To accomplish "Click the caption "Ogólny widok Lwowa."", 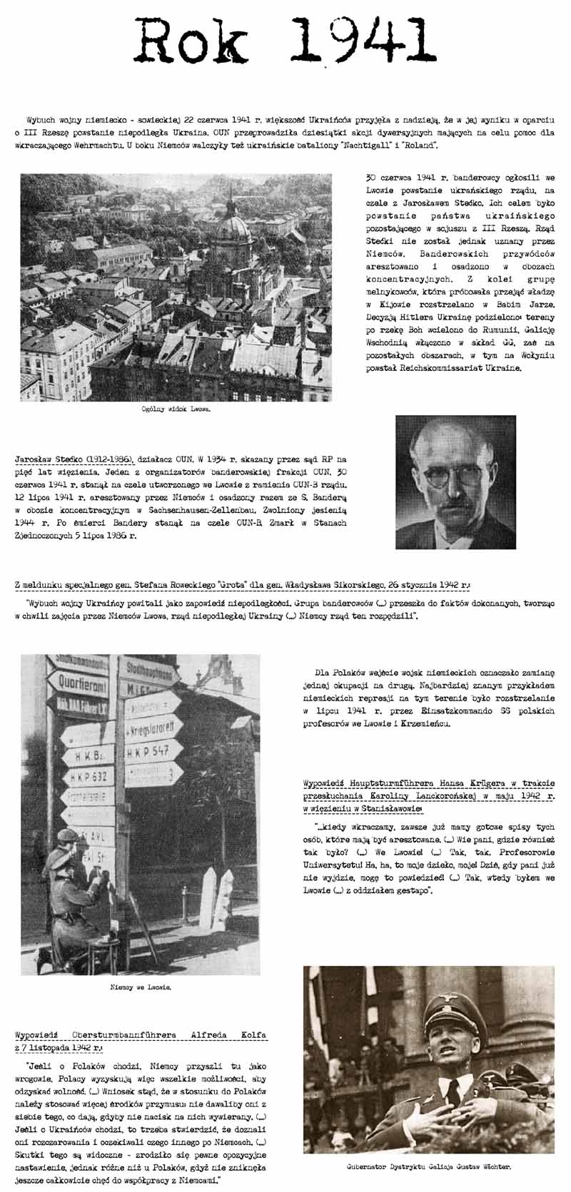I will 176,410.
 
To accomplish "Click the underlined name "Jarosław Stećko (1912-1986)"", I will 70,459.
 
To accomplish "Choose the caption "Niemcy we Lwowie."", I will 141,987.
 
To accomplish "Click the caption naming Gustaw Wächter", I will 429,1168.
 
